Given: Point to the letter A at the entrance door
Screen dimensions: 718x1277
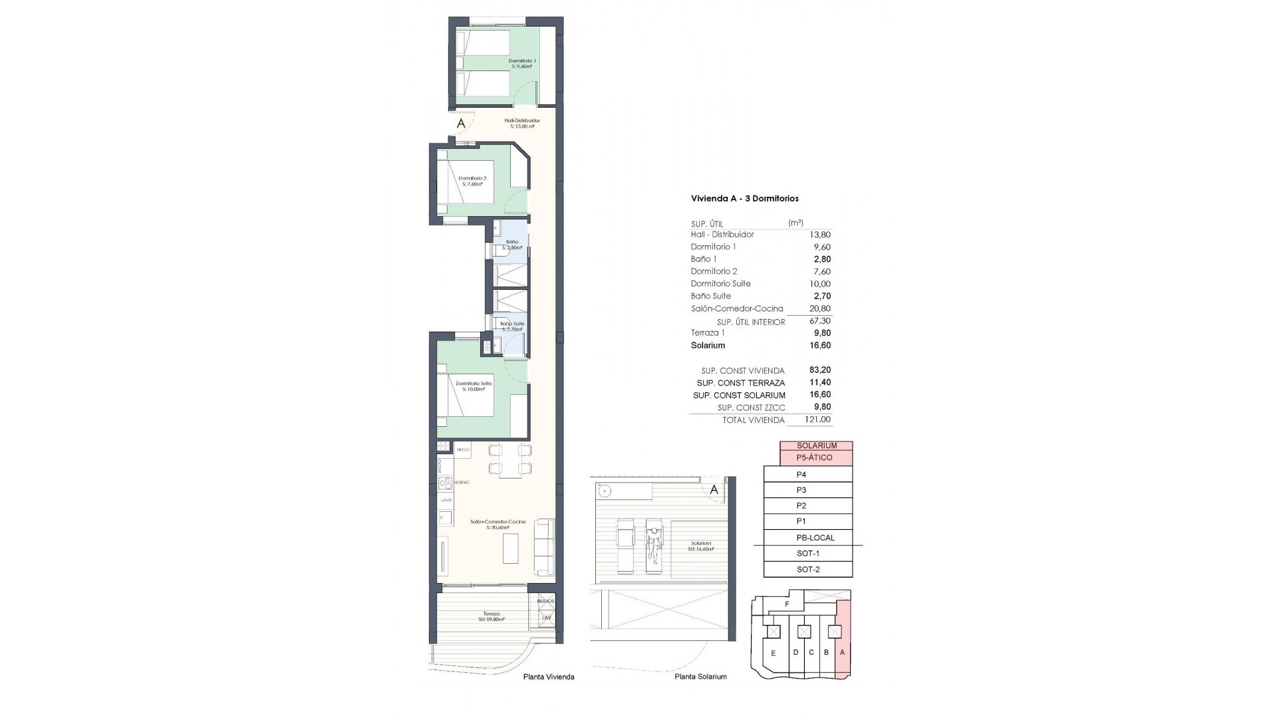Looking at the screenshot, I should coord(460,124).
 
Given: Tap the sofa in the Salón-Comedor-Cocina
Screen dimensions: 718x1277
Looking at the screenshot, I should coord(545,546).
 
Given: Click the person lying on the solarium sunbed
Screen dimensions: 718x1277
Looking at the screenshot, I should coord(654,548).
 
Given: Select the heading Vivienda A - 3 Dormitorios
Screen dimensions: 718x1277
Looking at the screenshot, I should coord(744,199).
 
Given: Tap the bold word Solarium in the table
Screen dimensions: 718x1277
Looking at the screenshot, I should coord(708,346).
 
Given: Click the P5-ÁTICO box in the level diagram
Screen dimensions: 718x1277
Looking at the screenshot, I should coord(815,457).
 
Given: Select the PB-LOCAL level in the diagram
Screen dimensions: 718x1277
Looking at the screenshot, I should coord(815,538).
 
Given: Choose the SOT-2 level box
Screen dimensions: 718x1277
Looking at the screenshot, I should coord(808,570).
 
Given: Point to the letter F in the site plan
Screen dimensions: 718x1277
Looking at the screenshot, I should coord(787,604).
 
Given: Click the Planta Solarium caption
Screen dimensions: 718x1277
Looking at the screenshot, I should coord(700,677).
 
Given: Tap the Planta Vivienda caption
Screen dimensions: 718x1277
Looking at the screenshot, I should coord(548,677).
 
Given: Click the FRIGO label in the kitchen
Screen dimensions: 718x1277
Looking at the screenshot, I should coord(463,450).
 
